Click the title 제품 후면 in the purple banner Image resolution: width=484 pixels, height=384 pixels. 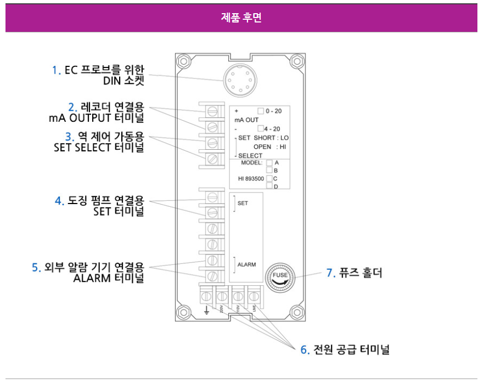click(x=241, y=18)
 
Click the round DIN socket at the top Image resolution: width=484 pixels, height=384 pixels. click(x=240, y=80)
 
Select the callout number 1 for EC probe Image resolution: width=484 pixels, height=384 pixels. click(x=55, y=70)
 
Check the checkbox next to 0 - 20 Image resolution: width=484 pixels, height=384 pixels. click(x=261, y=111)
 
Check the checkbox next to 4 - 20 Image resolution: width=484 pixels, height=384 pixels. click(x=261, y=128)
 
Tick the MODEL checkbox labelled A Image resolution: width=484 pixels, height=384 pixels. click(x=269, y=162)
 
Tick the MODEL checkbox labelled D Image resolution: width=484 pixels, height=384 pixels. click(x=269, y=186)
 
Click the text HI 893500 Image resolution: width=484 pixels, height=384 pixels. click(x=251, y=179)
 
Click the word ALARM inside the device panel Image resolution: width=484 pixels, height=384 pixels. click(x=246, y=264)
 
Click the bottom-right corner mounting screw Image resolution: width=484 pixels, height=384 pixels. click(x=297, y=313)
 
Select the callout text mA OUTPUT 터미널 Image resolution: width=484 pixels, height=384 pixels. click(x=96, y=117)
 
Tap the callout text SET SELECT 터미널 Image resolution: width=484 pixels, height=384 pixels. click(x=99, y=148)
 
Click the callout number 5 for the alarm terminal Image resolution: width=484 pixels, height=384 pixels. click(x=36, y=268)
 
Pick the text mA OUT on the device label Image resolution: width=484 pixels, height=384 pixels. click(x=246, y=120)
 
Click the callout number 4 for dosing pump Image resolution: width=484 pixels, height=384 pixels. click(x=59, y=201)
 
